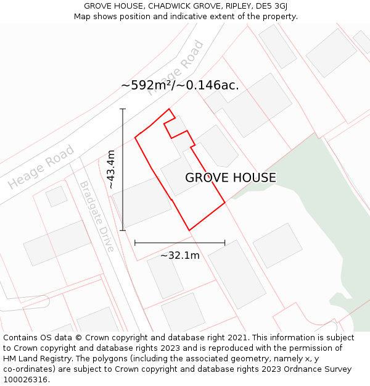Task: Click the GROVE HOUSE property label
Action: (231, 178)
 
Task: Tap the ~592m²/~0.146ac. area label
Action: (180, 85)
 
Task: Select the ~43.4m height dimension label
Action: (111, 169)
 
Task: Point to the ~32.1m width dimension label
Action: (180, 255)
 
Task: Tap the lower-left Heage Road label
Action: (41, 167)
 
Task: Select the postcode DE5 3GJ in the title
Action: (271, 6)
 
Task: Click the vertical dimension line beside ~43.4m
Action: (123, 169)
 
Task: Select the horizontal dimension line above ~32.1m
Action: (179, 243)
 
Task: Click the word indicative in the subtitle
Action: (193, 16)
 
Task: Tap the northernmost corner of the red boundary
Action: (169, 109)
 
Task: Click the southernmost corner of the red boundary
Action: (189, 230)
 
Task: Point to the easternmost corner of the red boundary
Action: (224, 202)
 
